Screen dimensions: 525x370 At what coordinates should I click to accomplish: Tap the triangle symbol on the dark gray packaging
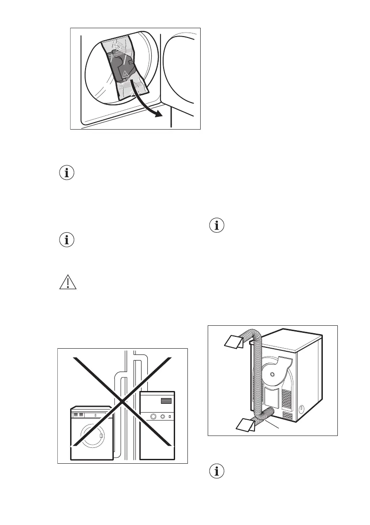click(x=125, y=74)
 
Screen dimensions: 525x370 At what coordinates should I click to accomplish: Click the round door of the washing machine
click(x=92, y=436)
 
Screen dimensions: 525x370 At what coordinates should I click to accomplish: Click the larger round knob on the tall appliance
click(x=154, y=416)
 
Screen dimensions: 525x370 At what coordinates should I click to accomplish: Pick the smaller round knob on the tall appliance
click(x=163, y=416)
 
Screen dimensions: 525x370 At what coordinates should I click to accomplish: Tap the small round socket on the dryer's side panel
click(x=301, y=408)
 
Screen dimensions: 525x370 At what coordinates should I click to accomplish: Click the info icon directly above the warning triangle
click(x=67, y=240)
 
